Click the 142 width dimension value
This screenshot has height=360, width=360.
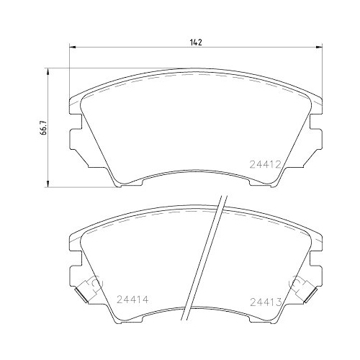196,42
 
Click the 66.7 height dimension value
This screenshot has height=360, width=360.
43,127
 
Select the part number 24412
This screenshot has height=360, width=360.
265,165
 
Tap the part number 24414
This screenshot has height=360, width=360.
132,300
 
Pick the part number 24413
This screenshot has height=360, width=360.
266,302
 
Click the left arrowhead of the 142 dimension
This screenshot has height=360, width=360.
73,48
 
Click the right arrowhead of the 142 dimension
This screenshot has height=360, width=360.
319,48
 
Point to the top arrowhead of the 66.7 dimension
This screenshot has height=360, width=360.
48,71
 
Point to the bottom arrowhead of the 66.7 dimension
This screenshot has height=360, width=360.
48,184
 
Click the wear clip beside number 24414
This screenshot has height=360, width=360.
89,289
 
